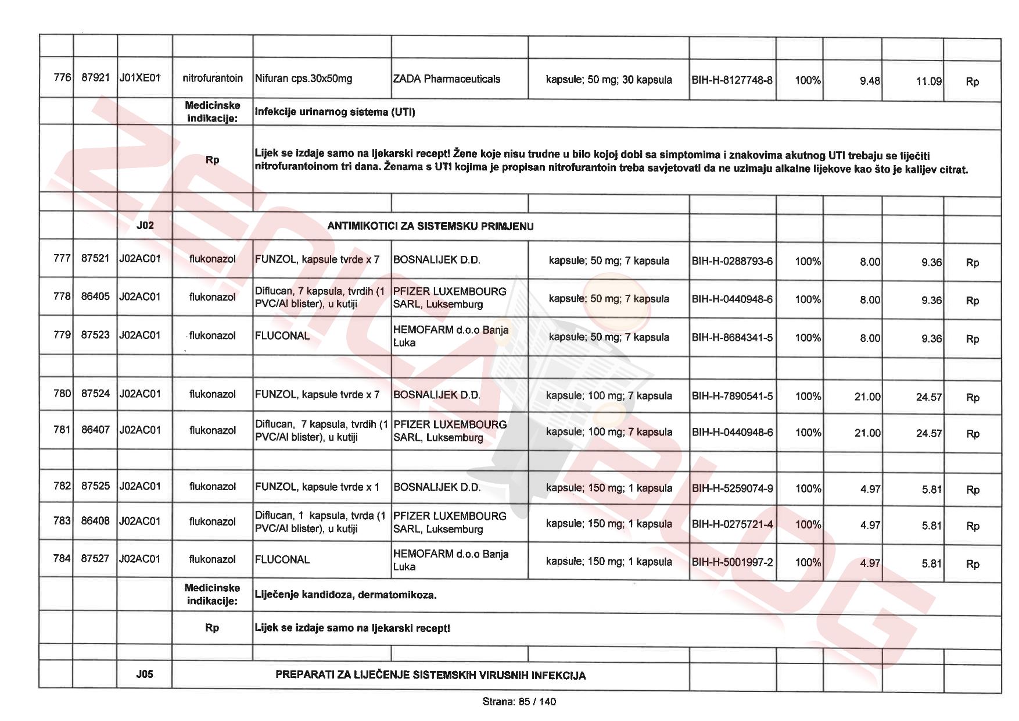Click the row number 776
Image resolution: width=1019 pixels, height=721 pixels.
coord(62,77)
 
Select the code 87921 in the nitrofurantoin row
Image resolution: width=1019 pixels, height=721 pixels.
coord(95,77)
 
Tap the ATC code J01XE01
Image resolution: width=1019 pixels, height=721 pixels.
coord(139,78)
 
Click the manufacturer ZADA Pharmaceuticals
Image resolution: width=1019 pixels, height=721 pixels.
coord(446,79)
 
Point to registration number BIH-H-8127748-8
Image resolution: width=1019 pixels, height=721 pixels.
coord(732,80)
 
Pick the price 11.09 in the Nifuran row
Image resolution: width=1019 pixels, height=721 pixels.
coord(928,81)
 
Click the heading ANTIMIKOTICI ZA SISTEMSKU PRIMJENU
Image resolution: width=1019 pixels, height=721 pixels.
coord(430,226)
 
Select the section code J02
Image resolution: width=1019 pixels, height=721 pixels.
coord(145,225)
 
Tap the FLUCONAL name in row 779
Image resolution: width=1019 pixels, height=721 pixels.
coord(282,335)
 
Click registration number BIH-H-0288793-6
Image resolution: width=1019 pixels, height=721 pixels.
coord(732,261)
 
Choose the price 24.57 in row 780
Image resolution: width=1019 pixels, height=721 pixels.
coord(928,397)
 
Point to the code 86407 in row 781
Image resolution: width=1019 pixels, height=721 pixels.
coord(95,430)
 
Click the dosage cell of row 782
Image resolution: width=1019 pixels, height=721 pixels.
coord(608,488)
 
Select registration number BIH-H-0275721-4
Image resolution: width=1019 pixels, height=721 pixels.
coord(732,524)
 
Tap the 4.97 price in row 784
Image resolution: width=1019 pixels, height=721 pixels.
coord(870,563)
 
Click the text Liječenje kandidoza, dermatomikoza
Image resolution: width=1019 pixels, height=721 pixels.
coord(346,595)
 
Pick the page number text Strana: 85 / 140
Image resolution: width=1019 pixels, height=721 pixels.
coord(519,702)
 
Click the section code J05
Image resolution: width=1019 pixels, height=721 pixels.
coord(145,674)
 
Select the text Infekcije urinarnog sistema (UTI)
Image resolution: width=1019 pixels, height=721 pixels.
coord(335,112)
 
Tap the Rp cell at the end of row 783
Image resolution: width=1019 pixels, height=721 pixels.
coord(973,526)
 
